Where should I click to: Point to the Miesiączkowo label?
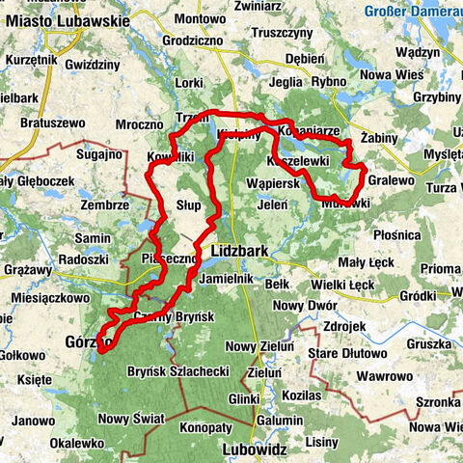point(45,298)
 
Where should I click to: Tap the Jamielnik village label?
point(229,277)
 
